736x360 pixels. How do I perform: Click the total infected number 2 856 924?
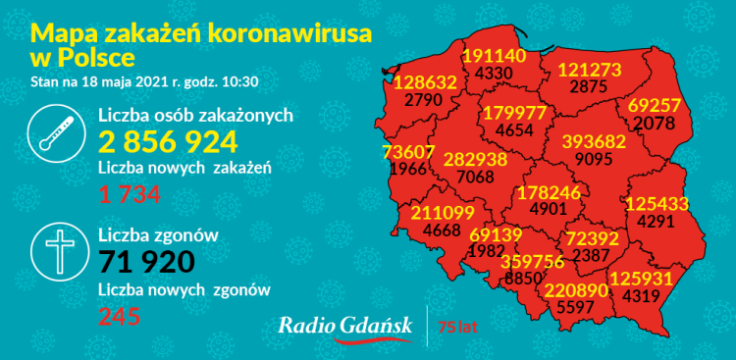coord(168,142)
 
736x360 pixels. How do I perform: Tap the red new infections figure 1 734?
coord(131,195)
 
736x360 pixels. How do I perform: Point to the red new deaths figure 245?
coord(119,315)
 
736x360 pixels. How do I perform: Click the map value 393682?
coord(593,141)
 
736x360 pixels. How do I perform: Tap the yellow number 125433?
coord(657,203)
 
